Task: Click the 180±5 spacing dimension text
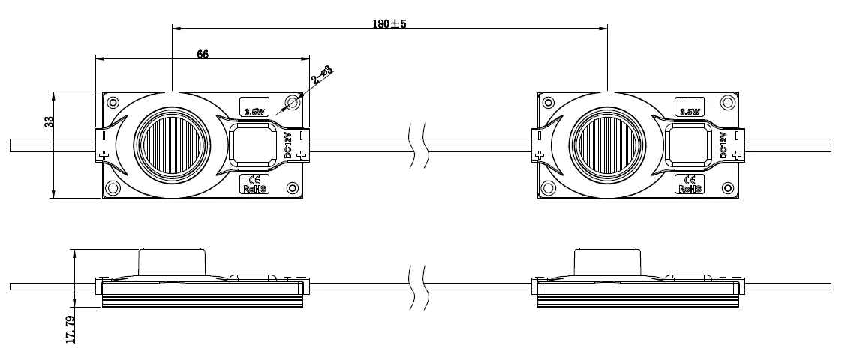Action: coord(389,23)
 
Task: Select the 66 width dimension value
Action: coord(202,54)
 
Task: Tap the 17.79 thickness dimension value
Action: coord(71,328)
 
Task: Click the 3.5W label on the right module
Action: coord(690,109)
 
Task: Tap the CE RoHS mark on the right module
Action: coord(690,184)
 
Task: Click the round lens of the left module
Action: coord(172,145)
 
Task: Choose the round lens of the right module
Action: coord(607,145)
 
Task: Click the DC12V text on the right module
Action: coord(723,145)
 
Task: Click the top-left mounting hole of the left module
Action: coord(113,103)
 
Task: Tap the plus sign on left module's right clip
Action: coord(301,155)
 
